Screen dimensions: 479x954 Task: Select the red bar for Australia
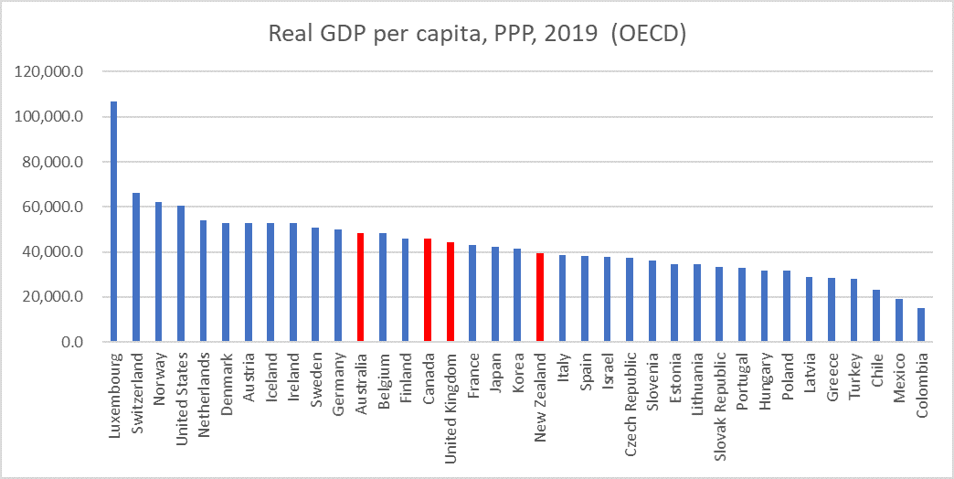coord(361,287)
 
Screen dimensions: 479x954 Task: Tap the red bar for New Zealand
coord(540,297)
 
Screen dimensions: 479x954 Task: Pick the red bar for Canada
coord(428,290)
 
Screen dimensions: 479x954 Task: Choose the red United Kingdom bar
coord(450,292)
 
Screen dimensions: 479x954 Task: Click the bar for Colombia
coord(921,325)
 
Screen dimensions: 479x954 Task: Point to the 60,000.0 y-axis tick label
coord(56,207)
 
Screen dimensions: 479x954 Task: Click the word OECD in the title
coord(649,34)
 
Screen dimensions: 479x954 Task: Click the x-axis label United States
coord(182,388)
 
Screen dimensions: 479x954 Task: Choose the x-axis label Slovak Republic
coord(719,394)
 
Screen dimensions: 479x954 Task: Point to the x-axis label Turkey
coord(853,373)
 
